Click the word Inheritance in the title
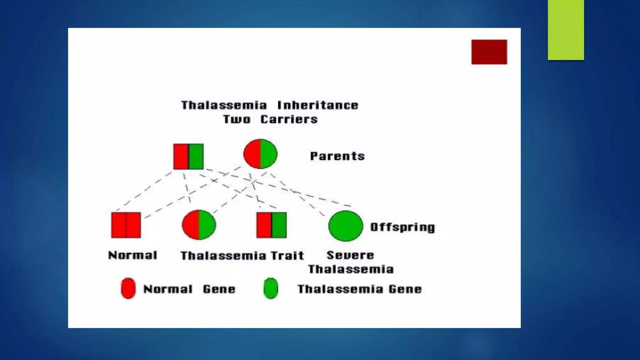tap(317, 105)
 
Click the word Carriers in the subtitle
tap(289, 119)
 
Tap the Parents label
tap(337, 156)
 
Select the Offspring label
tap(402, 227)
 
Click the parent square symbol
tap(188, 157)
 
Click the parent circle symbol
tap(260, 154)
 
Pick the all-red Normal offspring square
tap(126, 225)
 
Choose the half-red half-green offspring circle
tap(199, 225)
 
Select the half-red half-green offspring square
tap(271, 225)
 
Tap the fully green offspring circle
tap(346, 226)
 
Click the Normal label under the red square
tap(132, 255)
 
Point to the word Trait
tap(287, 256)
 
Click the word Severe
tap(350, 255)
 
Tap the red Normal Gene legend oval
tap(128, 288)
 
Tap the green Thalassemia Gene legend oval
tap(271, 288)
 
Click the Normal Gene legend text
tap(189, 289)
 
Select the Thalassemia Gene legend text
tap(359, 289)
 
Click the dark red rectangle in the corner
tap(489, 52)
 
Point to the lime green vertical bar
tap(566, 30)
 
